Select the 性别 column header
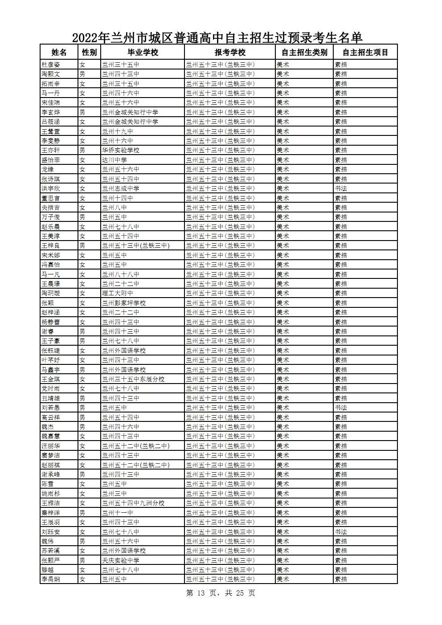point(89,53)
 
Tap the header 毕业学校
point(143,53)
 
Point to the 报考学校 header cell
point(230,53)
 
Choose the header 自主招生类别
point(305,53)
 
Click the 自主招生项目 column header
point(365,53)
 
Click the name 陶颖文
point(51,74)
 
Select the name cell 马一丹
point(51,93)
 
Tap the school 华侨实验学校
point(120,150)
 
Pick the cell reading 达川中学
point(114,160)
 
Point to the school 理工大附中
point(117,293)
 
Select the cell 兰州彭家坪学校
point(123,303)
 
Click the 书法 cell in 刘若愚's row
point(341,408)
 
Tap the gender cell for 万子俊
point(82,217)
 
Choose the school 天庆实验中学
point(120,560)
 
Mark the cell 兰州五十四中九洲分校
point(133,503)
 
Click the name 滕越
point(48,570)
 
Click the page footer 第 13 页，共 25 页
point(221,593)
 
